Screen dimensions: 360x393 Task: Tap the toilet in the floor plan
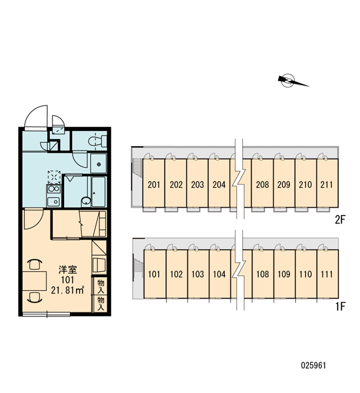(x=98, y=141)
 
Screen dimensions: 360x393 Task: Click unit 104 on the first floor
(x=220, y=274)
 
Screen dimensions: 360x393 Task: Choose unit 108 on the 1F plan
(x=262, y=274)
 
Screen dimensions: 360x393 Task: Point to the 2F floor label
(x=340, y=220)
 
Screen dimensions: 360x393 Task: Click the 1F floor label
(x=340, y=307)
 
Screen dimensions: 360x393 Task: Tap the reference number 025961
(x=314, y=365)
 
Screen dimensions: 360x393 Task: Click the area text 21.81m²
(x=67, y=290)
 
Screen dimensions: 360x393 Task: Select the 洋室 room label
(x=67, y=270)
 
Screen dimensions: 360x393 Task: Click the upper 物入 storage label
(x=101, y=286)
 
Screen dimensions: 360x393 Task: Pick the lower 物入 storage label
(x=101, y=303)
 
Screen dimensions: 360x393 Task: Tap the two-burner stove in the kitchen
(x=54, y=189)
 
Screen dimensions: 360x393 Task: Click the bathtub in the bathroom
(x=99, y=192)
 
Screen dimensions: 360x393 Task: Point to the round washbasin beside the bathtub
(x=86, y=201)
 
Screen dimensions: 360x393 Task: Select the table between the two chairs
(x=35, y=281)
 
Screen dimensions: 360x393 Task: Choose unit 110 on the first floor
(x=306, y=274)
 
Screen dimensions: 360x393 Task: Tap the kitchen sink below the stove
(x=54, y=201)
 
